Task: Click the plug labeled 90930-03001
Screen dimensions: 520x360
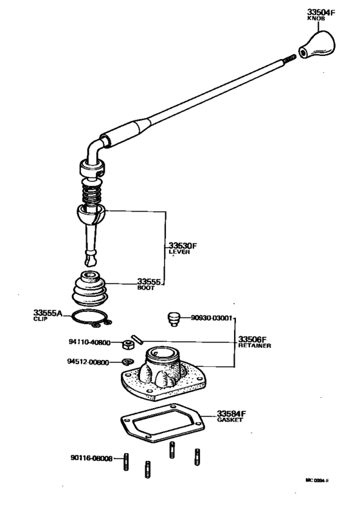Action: point(173,318)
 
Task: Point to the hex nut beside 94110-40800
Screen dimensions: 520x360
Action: point(127,343)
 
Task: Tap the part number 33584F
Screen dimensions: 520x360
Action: point(232,413)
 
